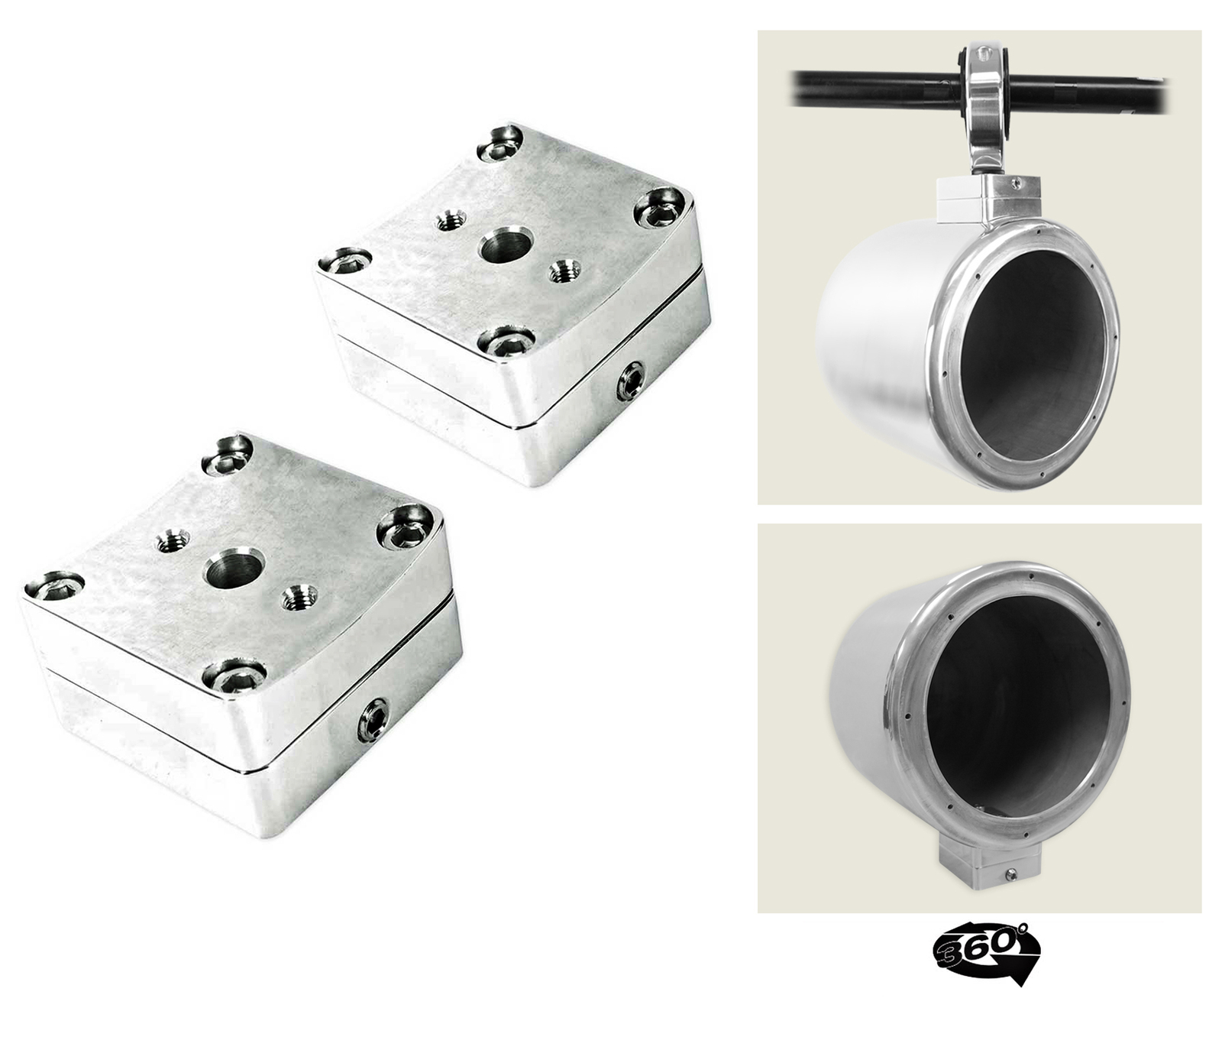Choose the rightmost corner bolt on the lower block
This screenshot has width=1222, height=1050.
[403, 528]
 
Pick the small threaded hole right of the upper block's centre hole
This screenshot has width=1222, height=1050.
[564, 269]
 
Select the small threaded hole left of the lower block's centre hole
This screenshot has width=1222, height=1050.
[173, 541]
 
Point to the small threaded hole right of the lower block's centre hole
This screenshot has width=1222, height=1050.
[299, 597]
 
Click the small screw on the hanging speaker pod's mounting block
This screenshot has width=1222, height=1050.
[1015, 182]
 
